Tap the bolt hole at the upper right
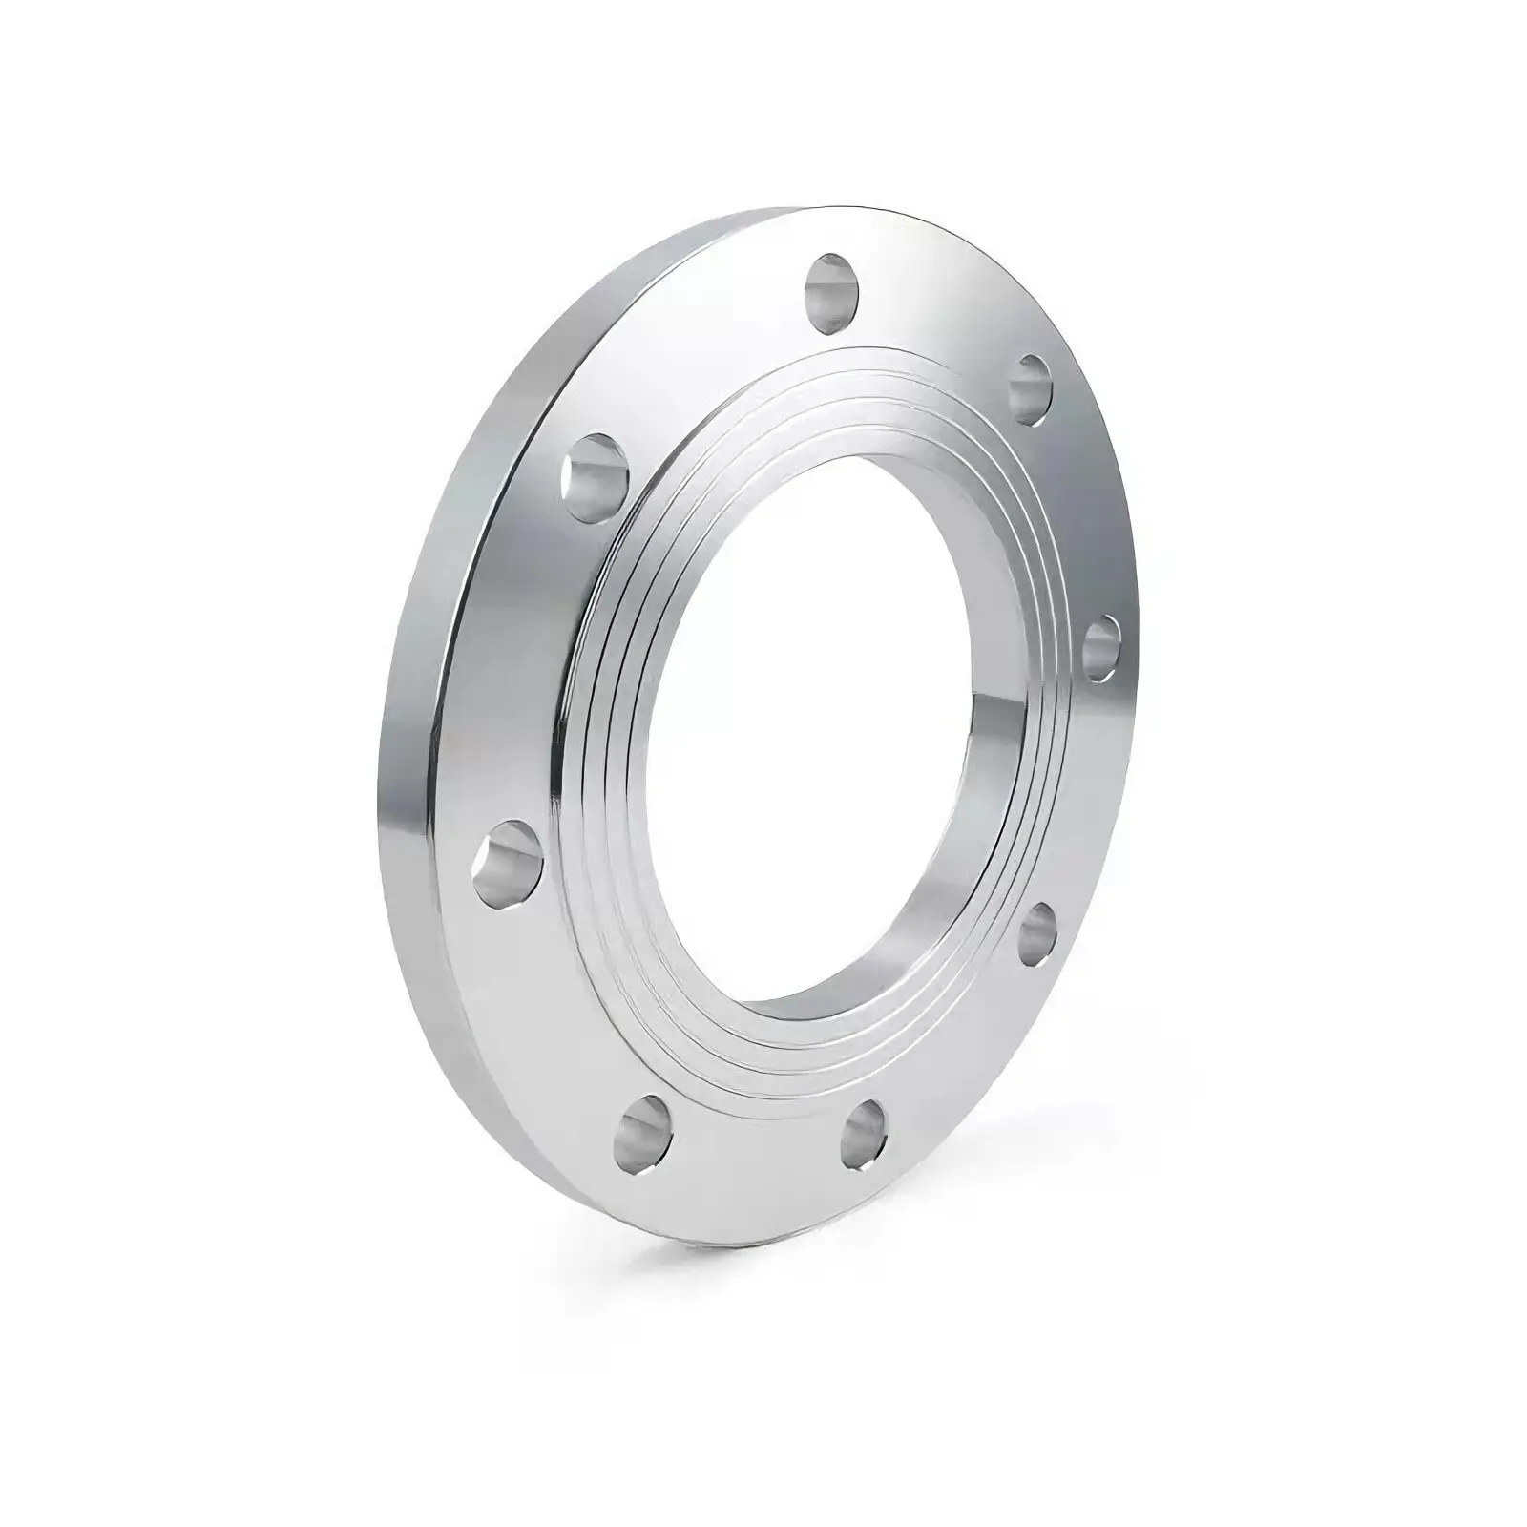1030,388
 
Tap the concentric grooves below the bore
783,1059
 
